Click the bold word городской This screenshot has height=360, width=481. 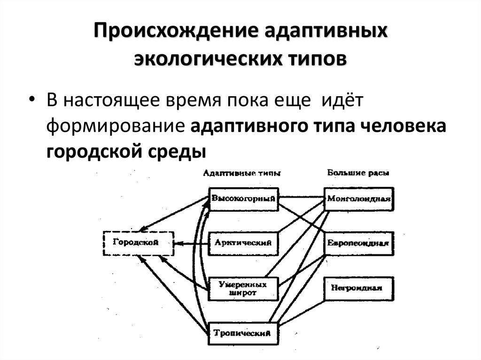click(x=96, y=151)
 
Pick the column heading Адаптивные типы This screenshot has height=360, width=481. click(x=241, y=173)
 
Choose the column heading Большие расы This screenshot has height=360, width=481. click(x=358, y=173)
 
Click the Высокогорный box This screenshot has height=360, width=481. click(x=243, y=199)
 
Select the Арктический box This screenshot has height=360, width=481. click(x=243, y=243)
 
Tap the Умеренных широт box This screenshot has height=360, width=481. click(x=243, y=288)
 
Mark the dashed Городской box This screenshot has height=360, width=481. click(x=138, y=243)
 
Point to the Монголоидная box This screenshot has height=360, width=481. click(x=359, y=199)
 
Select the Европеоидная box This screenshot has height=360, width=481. click(x=359, y=244)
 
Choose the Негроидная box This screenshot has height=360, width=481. click(x=359, y=288)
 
